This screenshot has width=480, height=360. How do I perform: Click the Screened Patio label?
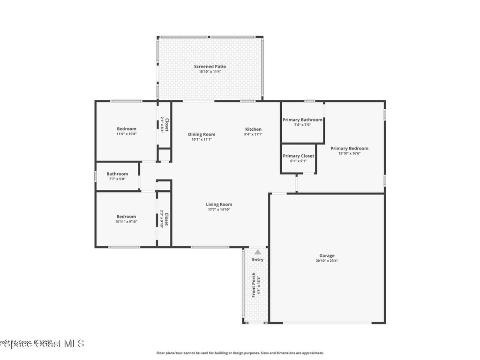pyautogui.click(x=210, y=67)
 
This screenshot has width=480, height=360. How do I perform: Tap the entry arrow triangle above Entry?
pyautogui.click(x=257, y=252)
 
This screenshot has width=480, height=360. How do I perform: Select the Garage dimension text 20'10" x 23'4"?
pyautogui.click(x=327, y=261)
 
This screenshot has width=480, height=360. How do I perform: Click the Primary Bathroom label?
pyautogui.click(x=302, y=120)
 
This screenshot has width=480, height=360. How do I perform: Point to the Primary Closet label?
pyautogui.click(x=298, y=156)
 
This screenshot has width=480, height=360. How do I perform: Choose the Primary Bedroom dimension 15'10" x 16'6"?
pyautogui.click(x=349, y=153)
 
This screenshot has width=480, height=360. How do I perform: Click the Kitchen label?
pyautogui.click(x=253, y=129)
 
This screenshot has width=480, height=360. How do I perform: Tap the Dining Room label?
pyautogui.click(x=202, y=135)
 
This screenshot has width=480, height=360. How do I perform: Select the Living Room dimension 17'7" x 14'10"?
pyautogui.click(x=219, y=210)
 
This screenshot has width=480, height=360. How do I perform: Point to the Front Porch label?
pyautogui.click(x=254, y=285)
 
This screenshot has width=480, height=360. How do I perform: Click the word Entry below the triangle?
pyautogui.click(x=258, y=260)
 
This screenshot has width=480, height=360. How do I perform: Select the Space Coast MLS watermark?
pyautogui.click(x=42, y=344)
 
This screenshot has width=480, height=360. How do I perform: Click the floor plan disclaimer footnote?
pyautogui.click(x=240, y=353)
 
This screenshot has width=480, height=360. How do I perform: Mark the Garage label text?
pyautogui.click(x=327, y=256)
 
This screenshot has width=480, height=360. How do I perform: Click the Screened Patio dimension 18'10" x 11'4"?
pyautogui.click(x=210, y=72)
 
